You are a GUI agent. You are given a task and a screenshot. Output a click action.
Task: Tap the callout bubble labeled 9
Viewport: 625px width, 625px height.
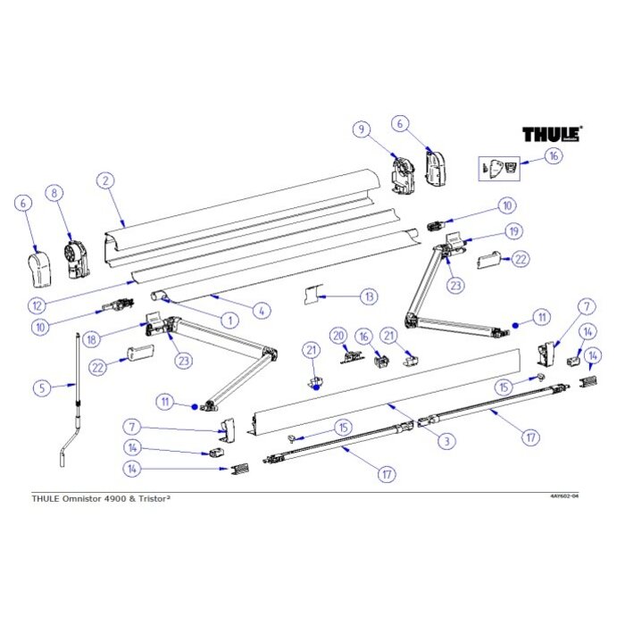coord(362,130)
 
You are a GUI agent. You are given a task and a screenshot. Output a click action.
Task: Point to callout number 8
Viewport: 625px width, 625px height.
coord(55,192)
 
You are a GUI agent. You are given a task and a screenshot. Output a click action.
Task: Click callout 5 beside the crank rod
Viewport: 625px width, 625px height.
coord(39,387)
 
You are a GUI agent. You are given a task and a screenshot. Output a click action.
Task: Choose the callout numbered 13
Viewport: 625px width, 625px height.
coord(368,295)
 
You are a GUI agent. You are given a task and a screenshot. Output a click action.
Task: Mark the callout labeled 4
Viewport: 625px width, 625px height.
coord(261,311)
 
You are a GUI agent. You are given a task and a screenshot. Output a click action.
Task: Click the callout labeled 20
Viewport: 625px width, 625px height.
coord(337,335)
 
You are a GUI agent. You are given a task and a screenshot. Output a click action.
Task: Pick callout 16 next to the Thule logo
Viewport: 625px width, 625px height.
coord(554,155)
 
